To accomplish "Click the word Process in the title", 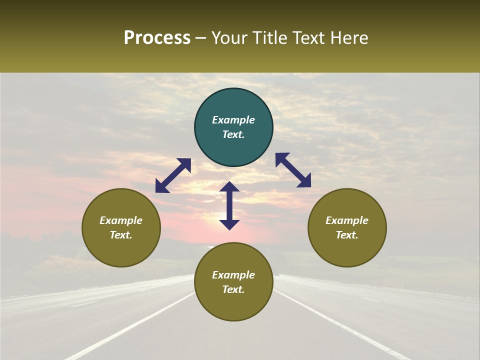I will point(157,38).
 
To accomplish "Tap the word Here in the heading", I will point(350,38).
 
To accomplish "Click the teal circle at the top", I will point(233,127).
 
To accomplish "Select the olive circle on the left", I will point(121,227).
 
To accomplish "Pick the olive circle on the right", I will point(347,227).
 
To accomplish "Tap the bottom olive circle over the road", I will point(233,282).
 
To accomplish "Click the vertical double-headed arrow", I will point(229,205).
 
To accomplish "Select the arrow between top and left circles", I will point(173,175).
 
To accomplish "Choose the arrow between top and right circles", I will point(293,170).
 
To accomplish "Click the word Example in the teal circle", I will point(233,120).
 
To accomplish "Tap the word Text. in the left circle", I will point(121,235).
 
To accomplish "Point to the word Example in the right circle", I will point(347,220).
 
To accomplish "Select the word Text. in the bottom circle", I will point(233,289).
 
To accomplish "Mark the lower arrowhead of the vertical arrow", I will point(229,224).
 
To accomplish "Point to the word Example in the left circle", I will point(121,220).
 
